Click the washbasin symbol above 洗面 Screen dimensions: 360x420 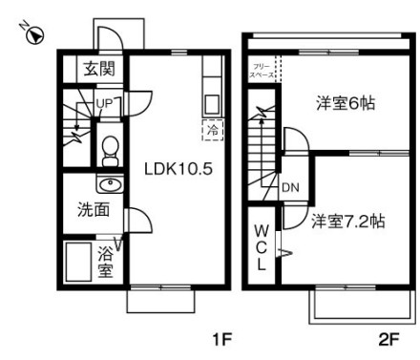[x=107, y=184]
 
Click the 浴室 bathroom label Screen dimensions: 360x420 [x=105, y=262]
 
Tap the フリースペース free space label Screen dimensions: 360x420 [x=262, y=67]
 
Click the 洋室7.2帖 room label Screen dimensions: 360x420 [x=346, y=222]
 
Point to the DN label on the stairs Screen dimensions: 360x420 [x=290, y=187]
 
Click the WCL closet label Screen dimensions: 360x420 [x=261, y=246]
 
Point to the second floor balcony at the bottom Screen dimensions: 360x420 [x=359, y=304]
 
